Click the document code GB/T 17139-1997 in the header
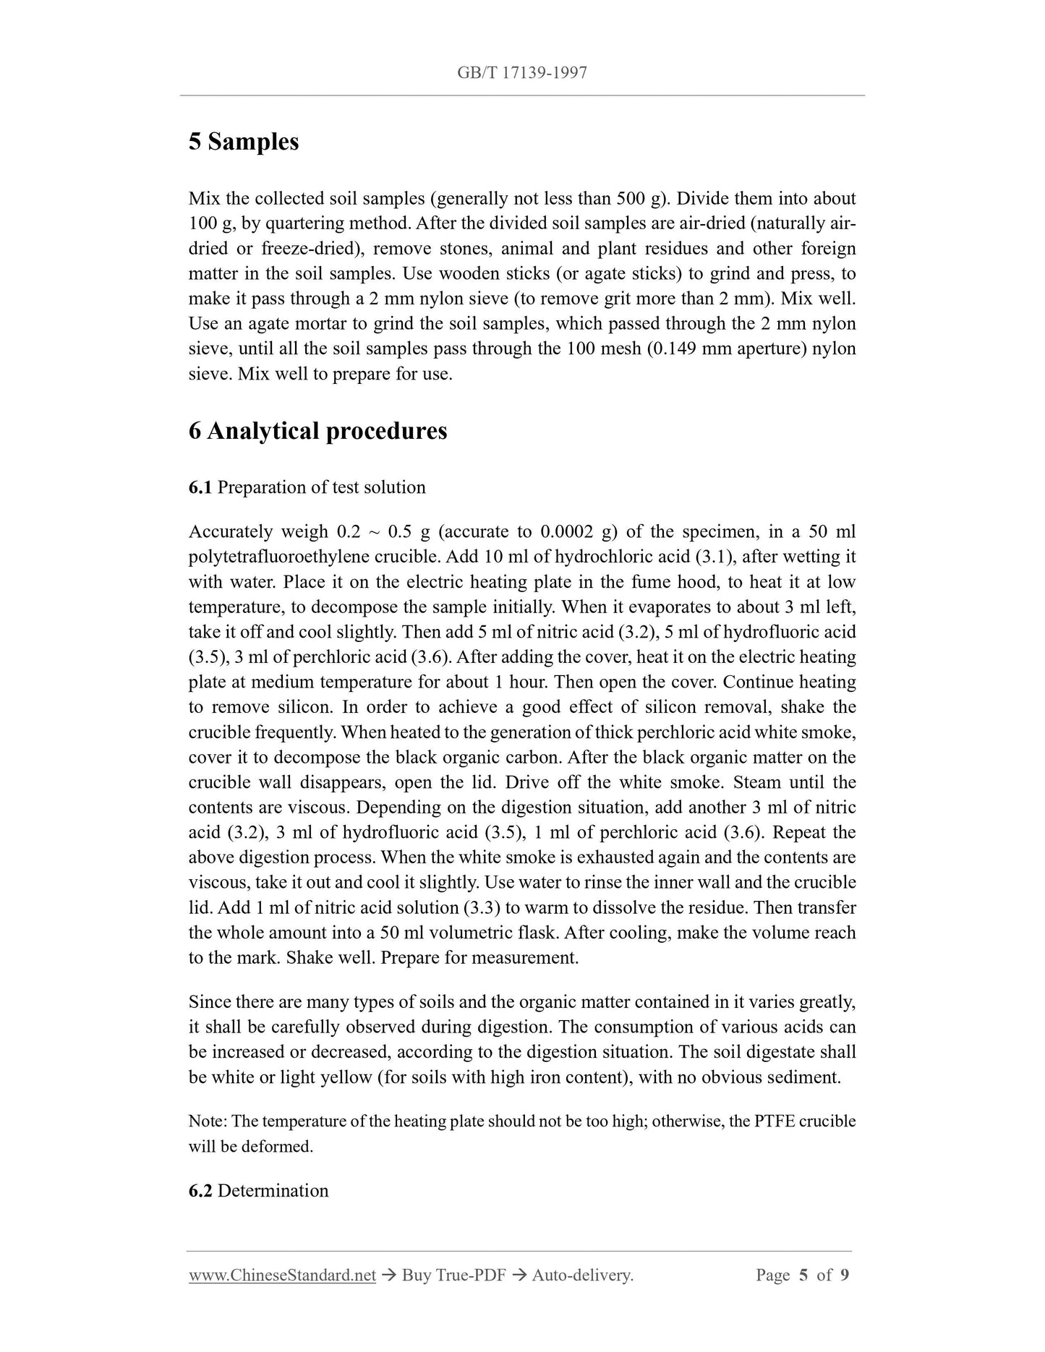pos(521,72)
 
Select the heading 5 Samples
pos(244,142)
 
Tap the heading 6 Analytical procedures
pos(317,431)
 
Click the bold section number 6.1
pos(200,487)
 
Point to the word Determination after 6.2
pos(273,1191)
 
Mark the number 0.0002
pos(568,532)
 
